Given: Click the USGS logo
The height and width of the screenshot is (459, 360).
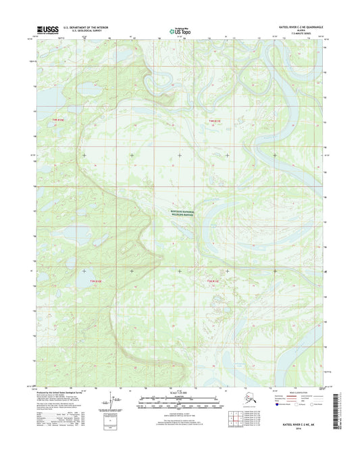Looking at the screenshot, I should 47,30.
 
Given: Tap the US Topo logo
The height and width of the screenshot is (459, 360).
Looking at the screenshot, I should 178,30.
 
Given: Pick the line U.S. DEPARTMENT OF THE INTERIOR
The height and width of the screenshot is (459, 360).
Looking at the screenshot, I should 91,28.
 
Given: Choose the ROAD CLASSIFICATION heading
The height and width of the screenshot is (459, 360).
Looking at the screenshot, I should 294,394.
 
